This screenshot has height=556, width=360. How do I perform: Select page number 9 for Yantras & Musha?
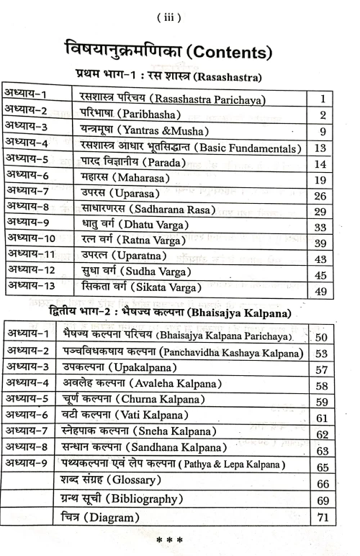[324, 132]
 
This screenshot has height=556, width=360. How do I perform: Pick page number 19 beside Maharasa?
[323, 181]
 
